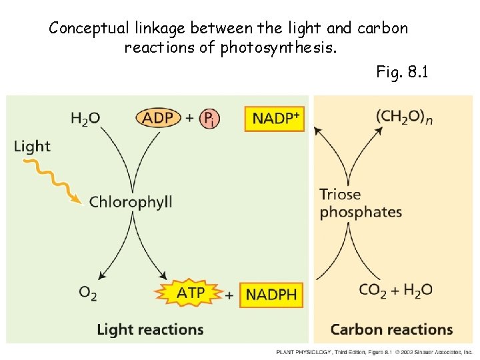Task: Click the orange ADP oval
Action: [158, 118]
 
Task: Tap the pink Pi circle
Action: [209, 119]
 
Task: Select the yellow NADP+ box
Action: [275, 119]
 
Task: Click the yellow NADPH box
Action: [271, 294]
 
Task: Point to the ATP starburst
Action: [190, 293]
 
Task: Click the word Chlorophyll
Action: [131, 201]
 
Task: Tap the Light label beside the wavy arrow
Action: [32, 146]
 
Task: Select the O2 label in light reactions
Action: [88, 292]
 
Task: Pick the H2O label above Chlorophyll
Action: [85, 119]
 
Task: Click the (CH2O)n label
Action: [404, 117]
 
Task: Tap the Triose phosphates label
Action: [361, 203]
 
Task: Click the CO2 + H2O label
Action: [395, 290]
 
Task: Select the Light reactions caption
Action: [150, 329]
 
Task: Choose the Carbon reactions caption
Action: [391, 329]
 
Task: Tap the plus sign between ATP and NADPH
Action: [229, 294]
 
